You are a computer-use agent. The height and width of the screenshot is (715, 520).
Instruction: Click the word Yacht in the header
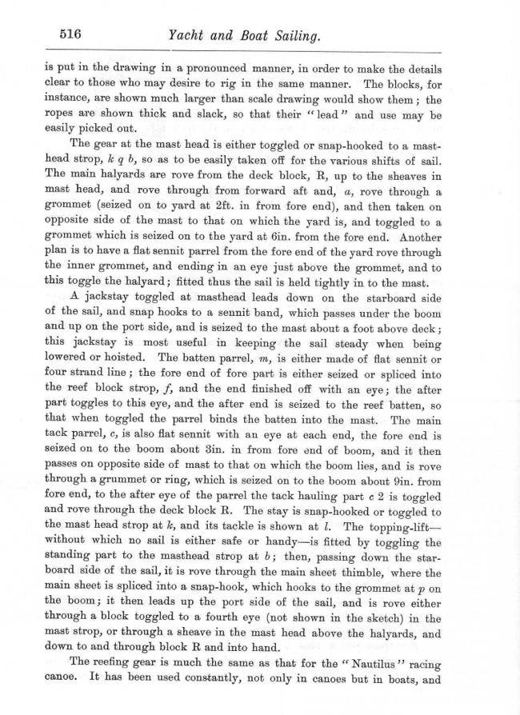click(186, 35)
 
